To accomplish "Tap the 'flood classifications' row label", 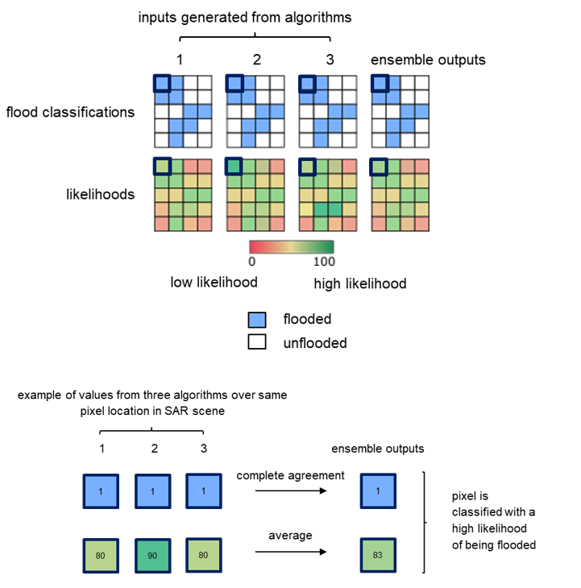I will [70, 112].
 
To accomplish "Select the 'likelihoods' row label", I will [100, 194].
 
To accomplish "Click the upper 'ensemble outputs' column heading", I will [428, 60].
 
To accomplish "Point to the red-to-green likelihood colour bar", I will [292, 246].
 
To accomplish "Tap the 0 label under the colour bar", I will [252, 261].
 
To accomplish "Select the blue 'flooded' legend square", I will [257, 319].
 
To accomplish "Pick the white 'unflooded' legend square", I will [257, 342].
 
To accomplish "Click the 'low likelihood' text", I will [214, 284].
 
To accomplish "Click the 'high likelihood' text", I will [359, 284].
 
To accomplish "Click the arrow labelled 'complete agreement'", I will [290, 491].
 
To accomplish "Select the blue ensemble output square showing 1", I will [378, 491].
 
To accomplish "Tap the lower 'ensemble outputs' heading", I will [377, 449].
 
